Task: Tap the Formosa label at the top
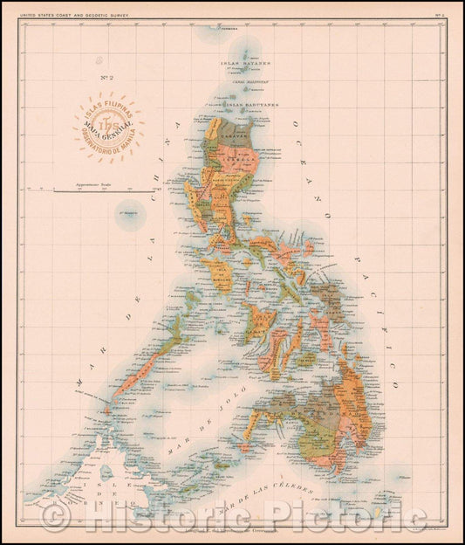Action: (229, 30)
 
